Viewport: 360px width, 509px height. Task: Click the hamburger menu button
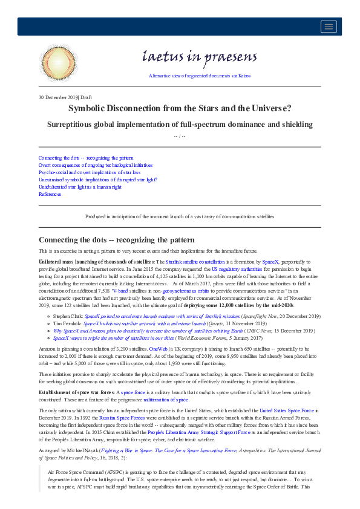329,26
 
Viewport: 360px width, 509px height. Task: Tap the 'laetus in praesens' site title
199,58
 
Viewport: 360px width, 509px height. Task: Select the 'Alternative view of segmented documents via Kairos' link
199,76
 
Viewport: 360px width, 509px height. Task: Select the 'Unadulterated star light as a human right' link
80,187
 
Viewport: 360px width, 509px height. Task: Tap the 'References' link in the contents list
50,194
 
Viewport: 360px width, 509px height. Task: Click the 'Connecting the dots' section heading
116,240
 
